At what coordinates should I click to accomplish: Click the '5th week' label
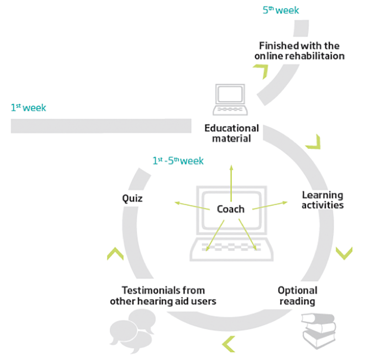click(281, 10)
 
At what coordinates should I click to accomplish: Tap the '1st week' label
click(28, 108)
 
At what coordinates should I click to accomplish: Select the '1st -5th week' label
click(178, 161)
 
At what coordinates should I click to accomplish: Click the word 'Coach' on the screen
click(230, 209)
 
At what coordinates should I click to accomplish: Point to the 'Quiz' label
click(132, 198)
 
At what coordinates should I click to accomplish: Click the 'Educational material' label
click(231, 133)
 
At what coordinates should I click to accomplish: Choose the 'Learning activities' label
click(323, 200)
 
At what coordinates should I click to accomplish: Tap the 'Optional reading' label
click(297, 296)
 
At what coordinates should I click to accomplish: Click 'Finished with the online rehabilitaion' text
click(299, 51)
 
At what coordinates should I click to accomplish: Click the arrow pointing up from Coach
click(231, 183)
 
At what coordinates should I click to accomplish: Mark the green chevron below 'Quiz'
click(115, 254)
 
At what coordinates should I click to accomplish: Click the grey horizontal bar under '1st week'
click(101, 126)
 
